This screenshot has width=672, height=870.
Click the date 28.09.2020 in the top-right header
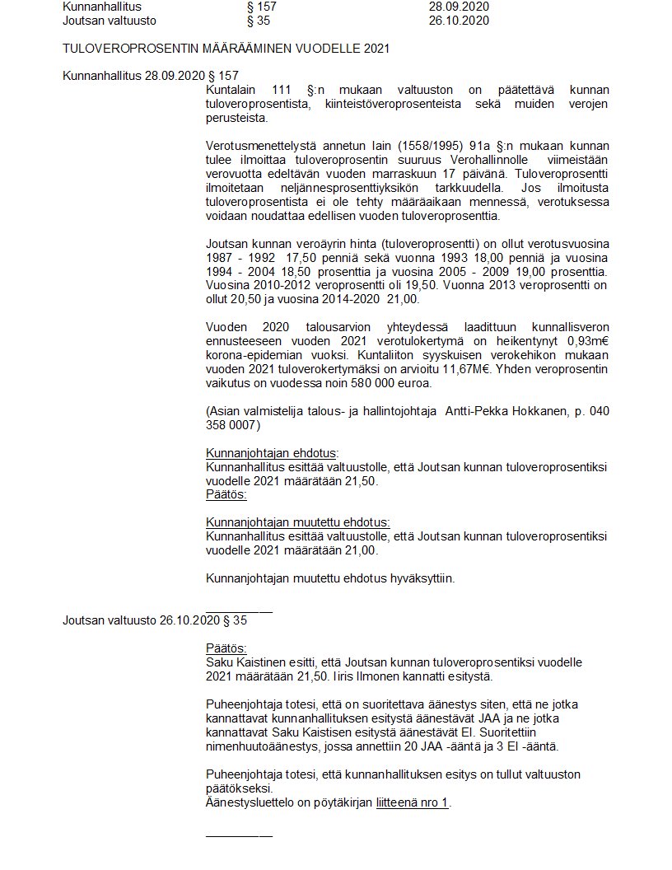(x=459, y=7)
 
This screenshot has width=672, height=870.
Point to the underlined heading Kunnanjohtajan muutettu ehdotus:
(x=297, y=522)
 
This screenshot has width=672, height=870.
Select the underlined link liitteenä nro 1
(x=413, y=802)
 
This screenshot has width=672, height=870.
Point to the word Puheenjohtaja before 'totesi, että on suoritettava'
(x=240, y=704)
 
